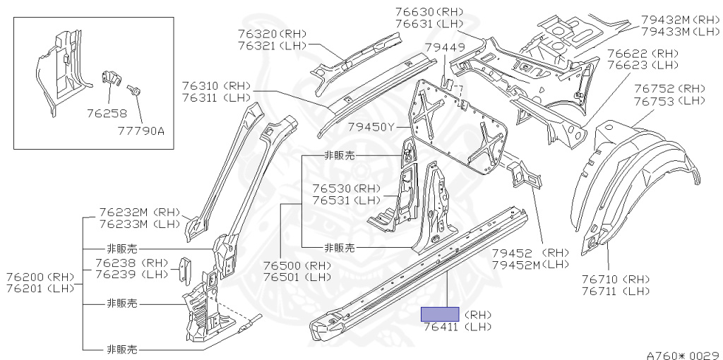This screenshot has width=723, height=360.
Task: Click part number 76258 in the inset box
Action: click(106, 112)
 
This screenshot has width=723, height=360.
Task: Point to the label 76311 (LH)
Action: click(217, 98)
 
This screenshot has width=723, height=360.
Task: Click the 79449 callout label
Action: click(444, 48)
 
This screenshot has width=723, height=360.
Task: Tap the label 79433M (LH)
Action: click(680, 31)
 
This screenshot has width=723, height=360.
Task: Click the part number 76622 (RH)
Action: click(642, 54)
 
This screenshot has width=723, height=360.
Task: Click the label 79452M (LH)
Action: click(530, 264)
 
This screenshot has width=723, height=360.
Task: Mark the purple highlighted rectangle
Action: click(440, 314)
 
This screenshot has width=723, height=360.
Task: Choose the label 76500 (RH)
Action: click(297, 265)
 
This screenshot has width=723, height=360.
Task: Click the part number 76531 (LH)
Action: click(346, 200)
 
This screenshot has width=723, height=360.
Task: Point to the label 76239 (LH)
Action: click(131, 275)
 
